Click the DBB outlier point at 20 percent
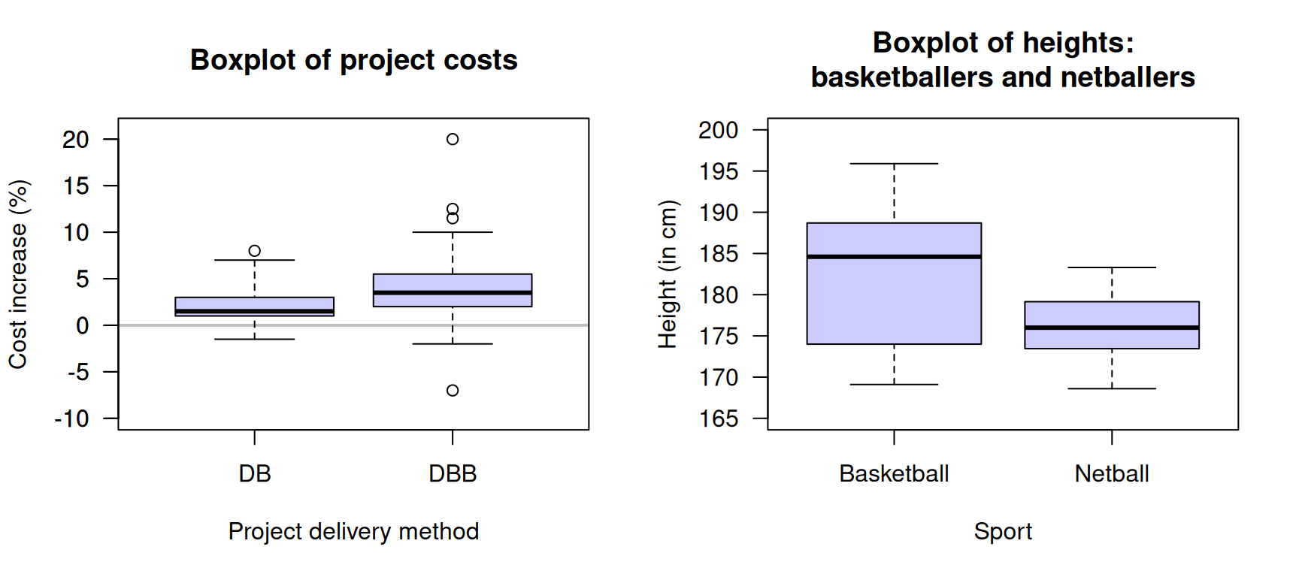(x=453, y=139)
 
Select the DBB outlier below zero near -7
(x=453, y=390)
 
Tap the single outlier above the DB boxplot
(x=255, y=251)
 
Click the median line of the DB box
(x=255, y=311)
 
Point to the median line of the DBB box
(x=453, y=292)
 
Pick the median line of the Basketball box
(x=894, y=257)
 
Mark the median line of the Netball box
(x=1112, y=328)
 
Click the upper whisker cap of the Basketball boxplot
(x=894, y=164)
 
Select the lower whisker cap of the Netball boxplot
(x=1112, y=388)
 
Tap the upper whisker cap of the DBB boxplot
(x=453, y=232)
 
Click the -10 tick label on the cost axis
(x=72, y=418)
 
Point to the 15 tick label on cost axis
(x=76, y=186)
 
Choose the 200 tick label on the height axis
(x=719, y=130)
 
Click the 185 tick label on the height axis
(x=719, y=254)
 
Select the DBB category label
(x=453, y=474)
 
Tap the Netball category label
(x=1112, y=474)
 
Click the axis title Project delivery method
(x=353, y=531)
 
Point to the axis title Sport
(x=1003, y=531)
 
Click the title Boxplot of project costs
(x=353, y=60)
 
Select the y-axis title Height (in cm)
(x=668, y=274)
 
